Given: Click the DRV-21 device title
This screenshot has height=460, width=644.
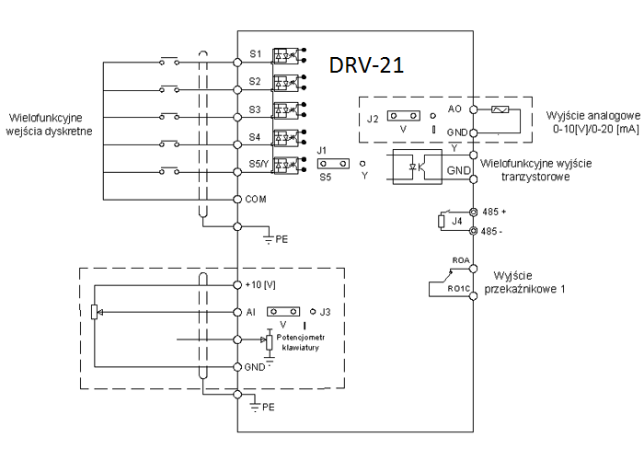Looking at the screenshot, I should tap(366, 65).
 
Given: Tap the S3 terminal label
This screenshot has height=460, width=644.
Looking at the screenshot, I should tap(255, 109).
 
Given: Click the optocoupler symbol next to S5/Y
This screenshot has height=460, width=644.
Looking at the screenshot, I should tap(288, 166).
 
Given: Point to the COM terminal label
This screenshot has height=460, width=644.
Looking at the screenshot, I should tap(257, 199).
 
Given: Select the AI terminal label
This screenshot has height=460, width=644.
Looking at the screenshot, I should tap(251, 312).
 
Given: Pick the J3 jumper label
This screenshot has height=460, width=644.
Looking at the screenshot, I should tap(325, 312).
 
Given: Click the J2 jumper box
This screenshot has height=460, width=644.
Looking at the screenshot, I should tap(404, 117).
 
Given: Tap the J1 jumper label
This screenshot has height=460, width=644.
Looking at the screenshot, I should tap(322, 149).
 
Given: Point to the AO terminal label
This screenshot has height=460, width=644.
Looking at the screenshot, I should tap(454, 109).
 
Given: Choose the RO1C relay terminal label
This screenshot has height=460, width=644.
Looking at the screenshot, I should tap(459, 290).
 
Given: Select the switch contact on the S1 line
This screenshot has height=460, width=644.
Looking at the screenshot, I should tap(170, 62).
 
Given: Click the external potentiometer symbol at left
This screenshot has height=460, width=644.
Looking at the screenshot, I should tap(95, 313).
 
